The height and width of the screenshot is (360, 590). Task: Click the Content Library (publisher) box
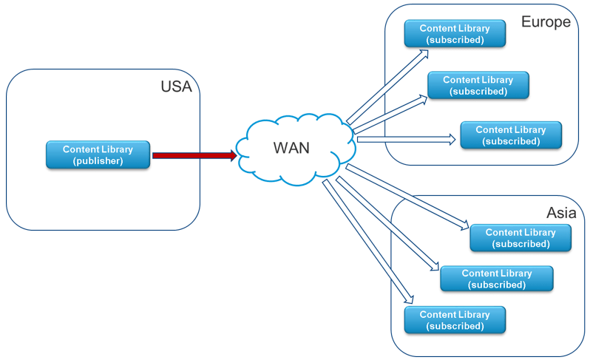[98, 155]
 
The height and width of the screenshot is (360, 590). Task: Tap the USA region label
[176, 86]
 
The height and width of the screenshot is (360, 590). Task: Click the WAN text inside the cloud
[291, 148]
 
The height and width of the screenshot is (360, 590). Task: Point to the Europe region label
[546, 21]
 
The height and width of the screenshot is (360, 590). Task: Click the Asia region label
[561, 213]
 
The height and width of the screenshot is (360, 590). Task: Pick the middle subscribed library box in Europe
[478, 86]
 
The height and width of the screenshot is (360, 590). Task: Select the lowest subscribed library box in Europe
[511, 135]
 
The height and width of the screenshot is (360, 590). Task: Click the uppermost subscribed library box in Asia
[521, 238]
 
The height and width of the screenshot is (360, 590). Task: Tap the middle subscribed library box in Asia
[497, 279]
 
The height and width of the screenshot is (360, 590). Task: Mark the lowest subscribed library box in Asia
[455, 320]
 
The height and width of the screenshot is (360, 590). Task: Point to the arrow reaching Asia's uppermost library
[407, 196]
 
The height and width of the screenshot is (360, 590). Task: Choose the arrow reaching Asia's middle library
[384, 223]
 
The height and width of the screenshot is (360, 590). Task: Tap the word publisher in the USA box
[98, 161]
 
